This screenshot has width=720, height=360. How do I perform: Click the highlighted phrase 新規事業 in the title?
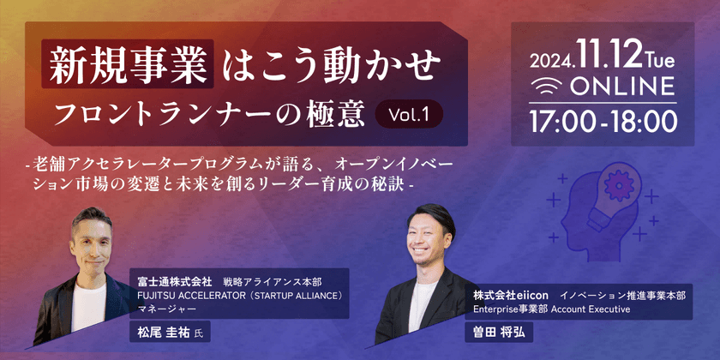click(x=128, y=65)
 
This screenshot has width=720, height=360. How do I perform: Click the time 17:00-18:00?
click(x=603, y=121)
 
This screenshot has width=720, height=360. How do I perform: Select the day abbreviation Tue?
click(x=658, y=59)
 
